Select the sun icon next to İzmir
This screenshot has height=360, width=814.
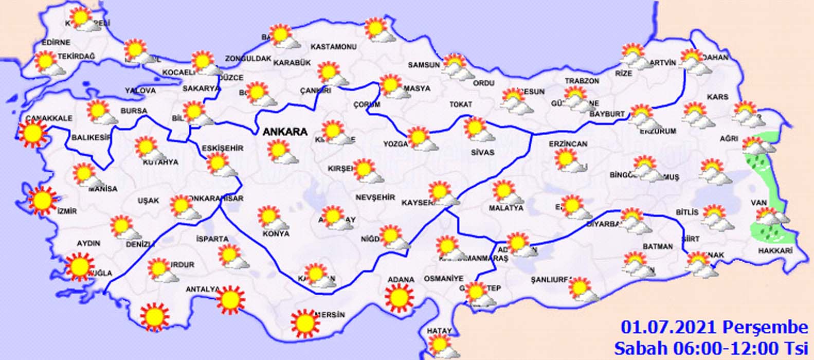pyautogui.click(x=42, y=200)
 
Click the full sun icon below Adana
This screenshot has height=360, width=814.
pyautogui.click(x=400, y=298)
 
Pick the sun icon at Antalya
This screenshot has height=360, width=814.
pyautogui.click(x=230, y=300)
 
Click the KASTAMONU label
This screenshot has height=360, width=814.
pyautogui.click(x=334, y=47)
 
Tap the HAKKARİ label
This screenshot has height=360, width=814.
pyautogui.click(x=775, y=250)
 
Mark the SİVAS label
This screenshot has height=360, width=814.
pyautogui.click(x=482, y=152)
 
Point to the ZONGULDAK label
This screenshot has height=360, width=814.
pyautogui.click(x=248, y=59)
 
